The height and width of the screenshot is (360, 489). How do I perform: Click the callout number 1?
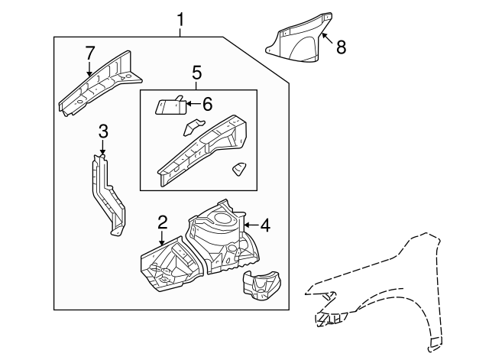(180, 17)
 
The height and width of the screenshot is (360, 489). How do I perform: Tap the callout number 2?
(163, 223)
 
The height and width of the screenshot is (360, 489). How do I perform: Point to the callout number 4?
(264, 225)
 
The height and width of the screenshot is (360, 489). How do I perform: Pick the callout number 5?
(196, 73)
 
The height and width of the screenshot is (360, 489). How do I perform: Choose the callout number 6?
(206, 103)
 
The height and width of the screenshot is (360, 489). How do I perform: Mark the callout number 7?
(90, 54)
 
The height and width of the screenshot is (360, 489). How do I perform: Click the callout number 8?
(341, 47)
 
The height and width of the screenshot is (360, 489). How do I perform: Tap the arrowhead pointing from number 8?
(324, 34)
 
